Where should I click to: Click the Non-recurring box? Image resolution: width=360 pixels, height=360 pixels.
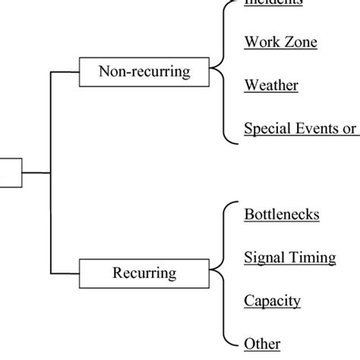144,72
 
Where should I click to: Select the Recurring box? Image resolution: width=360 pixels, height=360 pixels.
144,272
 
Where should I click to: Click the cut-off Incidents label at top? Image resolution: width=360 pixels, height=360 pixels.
273,3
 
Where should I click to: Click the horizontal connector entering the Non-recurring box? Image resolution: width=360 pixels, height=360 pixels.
65,72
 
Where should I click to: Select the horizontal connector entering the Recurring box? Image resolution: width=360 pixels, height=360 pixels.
65,272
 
